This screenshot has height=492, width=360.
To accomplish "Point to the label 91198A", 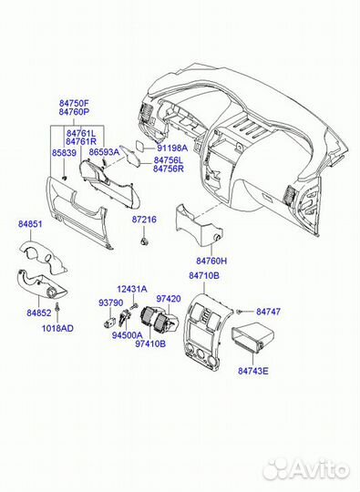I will pyautogui.click(x=171, y=148).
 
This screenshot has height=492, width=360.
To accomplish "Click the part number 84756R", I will pyautogui.click(x=169, y=169).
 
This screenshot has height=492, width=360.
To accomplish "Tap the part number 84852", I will pyautogui.click(x=38, y=313).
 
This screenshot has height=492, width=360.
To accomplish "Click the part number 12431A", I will pyautogui.click(x=131, y=289).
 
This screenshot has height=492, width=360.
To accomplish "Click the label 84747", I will pyautogui.click(x=269, y=312).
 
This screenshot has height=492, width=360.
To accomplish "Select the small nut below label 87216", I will pyautogui.click(x=144, y=241).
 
